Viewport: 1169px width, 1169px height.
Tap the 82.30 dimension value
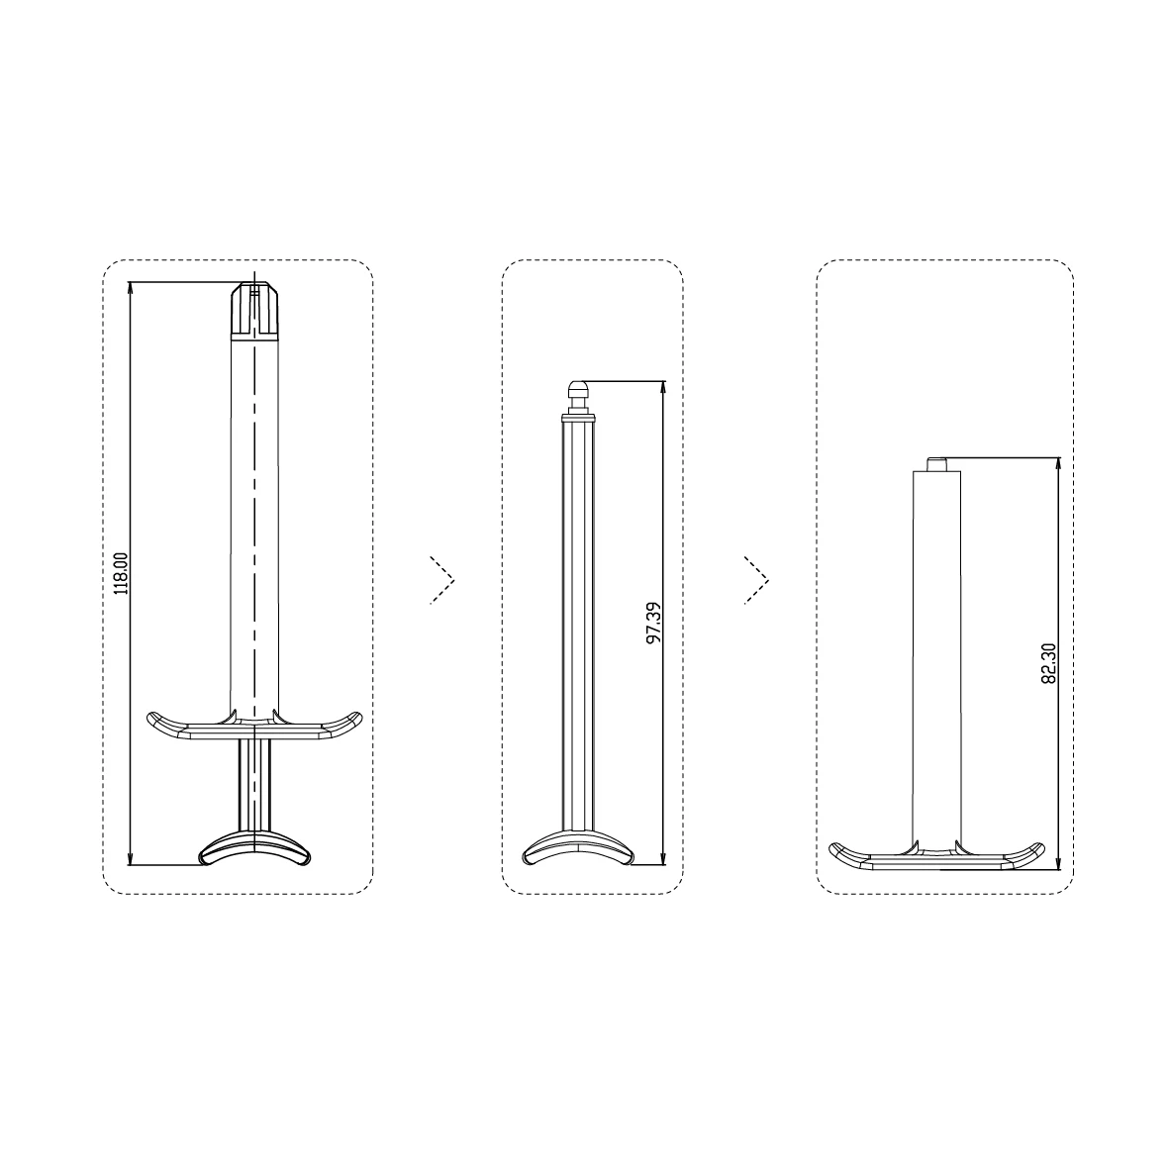[x=1050, y=663]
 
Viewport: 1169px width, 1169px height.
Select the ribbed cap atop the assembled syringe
[x=255, y=311]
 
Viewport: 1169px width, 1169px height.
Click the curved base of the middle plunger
[x=578, y=848]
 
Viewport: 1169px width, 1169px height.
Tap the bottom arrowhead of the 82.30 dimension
[x=1059, y=860]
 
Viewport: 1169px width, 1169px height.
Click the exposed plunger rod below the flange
[x=254, y=787]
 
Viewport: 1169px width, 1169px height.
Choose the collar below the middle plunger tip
[x=579, y=408]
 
